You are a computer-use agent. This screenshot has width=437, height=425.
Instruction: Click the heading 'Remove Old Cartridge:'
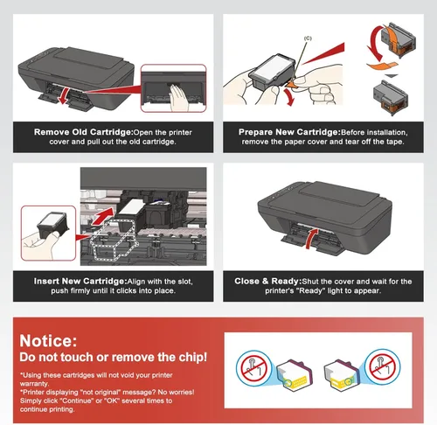(x=84, y=132)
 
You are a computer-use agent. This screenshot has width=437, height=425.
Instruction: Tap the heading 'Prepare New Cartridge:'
(x=289, y=132)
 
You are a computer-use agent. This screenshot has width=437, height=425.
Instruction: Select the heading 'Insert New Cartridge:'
(x=80, y=281)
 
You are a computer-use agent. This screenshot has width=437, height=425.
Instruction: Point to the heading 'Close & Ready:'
(x=268, y=281)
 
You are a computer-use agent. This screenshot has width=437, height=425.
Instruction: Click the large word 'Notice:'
(x=48, y=340)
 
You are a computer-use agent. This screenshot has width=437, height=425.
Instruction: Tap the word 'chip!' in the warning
(x=193, y=357)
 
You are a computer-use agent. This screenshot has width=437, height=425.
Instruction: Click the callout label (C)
(x=308, y=38)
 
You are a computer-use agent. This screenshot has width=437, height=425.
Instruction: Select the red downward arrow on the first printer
(x=64, y=95)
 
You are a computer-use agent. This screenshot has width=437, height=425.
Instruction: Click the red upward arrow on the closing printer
(x=311, y=239)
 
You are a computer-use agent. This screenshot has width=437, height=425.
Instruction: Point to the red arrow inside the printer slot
(x=102, y=216)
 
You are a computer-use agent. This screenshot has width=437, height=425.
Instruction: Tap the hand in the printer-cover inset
(x=179, y=98)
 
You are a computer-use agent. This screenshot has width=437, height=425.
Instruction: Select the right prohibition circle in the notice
(x=383, y=366)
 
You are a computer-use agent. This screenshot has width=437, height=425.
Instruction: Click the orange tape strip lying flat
(x=382, y=66)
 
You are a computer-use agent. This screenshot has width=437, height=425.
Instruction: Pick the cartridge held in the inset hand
(x=52, y=225)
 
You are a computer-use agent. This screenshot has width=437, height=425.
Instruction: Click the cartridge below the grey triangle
(x=391, y=98)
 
